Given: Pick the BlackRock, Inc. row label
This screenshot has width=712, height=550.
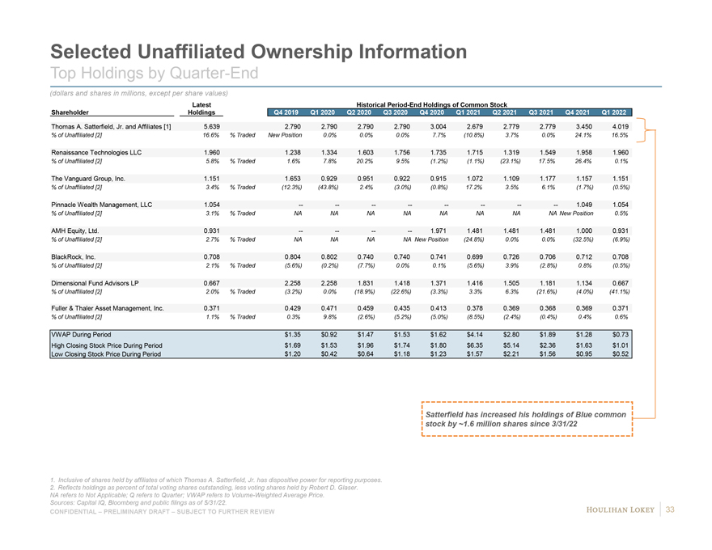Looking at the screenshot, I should pos(74,256).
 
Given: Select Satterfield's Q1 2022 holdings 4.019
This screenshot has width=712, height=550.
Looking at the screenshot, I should pos(620,126).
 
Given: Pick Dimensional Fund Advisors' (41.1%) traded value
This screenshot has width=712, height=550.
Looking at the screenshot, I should pos(618,292).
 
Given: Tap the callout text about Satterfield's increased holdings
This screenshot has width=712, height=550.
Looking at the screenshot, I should pos(526,419).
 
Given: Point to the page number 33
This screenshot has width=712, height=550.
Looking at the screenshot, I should pos(670,508).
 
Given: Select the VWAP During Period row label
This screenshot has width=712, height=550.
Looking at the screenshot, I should pos(81,333).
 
